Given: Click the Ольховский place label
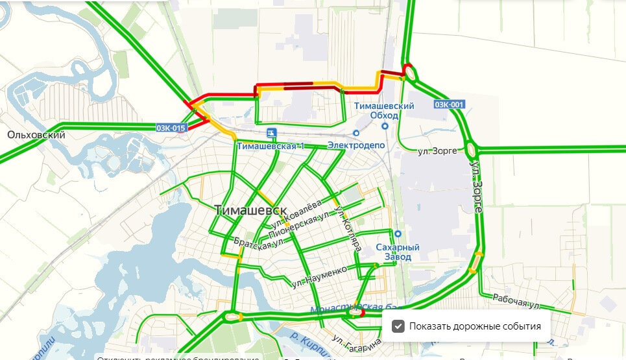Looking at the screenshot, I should [36, 136].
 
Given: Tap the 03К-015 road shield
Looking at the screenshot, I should [171, 128].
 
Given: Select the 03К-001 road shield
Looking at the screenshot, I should [449, 104].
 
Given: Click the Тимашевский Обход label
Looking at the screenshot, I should [384, 110].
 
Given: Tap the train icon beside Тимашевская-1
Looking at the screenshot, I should [271, 133].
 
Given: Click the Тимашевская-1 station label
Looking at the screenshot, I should [271, 146].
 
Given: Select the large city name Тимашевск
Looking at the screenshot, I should [250, 211].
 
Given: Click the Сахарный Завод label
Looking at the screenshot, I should [398, 252].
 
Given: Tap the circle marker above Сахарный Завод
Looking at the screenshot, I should [398, 234].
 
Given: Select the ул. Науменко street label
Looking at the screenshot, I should [324, 276].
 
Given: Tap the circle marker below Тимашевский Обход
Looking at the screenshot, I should [385, 126].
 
